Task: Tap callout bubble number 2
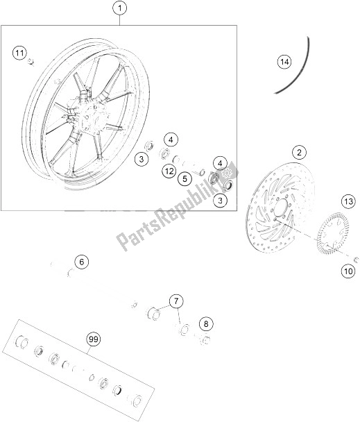[300, 152]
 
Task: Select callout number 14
[282, 62]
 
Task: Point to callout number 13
[347, 202]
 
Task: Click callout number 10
[347, 271]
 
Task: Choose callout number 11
[20, 52]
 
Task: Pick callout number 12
[169, 171]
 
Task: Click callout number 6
[82, 262]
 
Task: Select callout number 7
[177, 301]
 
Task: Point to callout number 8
[206, 323]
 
